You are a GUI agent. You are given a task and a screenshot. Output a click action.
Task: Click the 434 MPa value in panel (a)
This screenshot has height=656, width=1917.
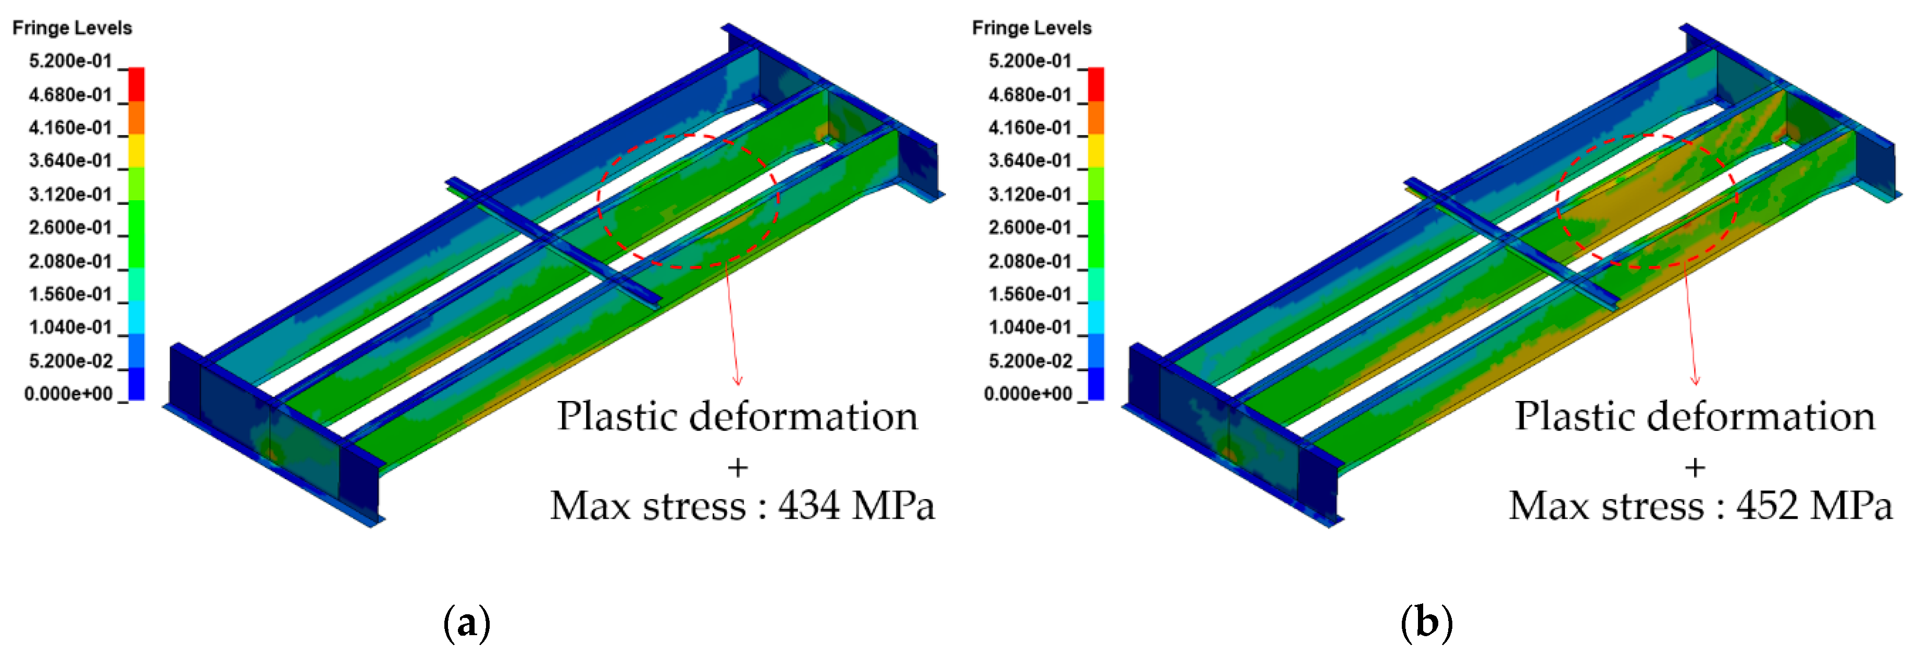[856, 506]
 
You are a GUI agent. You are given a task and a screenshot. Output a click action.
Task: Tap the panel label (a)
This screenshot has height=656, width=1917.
[467, 623]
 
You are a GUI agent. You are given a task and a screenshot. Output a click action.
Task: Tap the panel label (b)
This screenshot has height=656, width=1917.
[1426, 623]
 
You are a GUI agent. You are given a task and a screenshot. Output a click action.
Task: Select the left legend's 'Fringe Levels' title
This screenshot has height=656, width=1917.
[72, 28]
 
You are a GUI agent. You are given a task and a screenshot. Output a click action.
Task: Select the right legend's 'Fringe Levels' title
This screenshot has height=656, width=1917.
[1031, 28]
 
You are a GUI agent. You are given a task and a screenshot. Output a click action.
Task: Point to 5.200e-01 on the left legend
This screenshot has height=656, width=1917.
[70, 61]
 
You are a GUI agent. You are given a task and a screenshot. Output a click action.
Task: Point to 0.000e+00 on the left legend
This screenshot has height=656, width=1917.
[68, 394]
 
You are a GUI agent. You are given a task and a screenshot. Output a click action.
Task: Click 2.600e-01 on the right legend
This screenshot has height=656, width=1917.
[1029, 228]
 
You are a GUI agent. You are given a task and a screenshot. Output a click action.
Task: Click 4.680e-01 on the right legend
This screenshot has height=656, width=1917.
[1029, 94]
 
